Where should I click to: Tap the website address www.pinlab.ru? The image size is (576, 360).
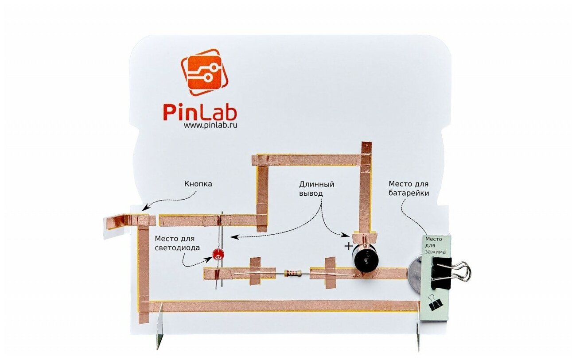[x=211, y=125]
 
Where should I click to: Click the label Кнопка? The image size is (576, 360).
[x=198, y=184]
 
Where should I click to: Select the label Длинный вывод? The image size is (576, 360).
[x=316, y=189]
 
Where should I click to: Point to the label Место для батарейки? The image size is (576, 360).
[x=409, y=188]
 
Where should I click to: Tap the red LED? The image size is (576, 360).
[x=218, y=254]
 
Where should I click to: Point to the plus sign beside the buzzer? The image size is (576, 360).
[x=349, y=246]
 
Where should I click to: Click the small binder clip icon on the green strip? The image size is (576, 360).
[x=436, y=303]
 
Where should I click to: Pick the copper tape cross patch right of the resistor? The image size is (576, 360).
[x=331, y=272]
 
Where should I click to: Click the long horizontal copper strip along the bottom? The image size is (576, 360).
[x=284, y=306]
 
